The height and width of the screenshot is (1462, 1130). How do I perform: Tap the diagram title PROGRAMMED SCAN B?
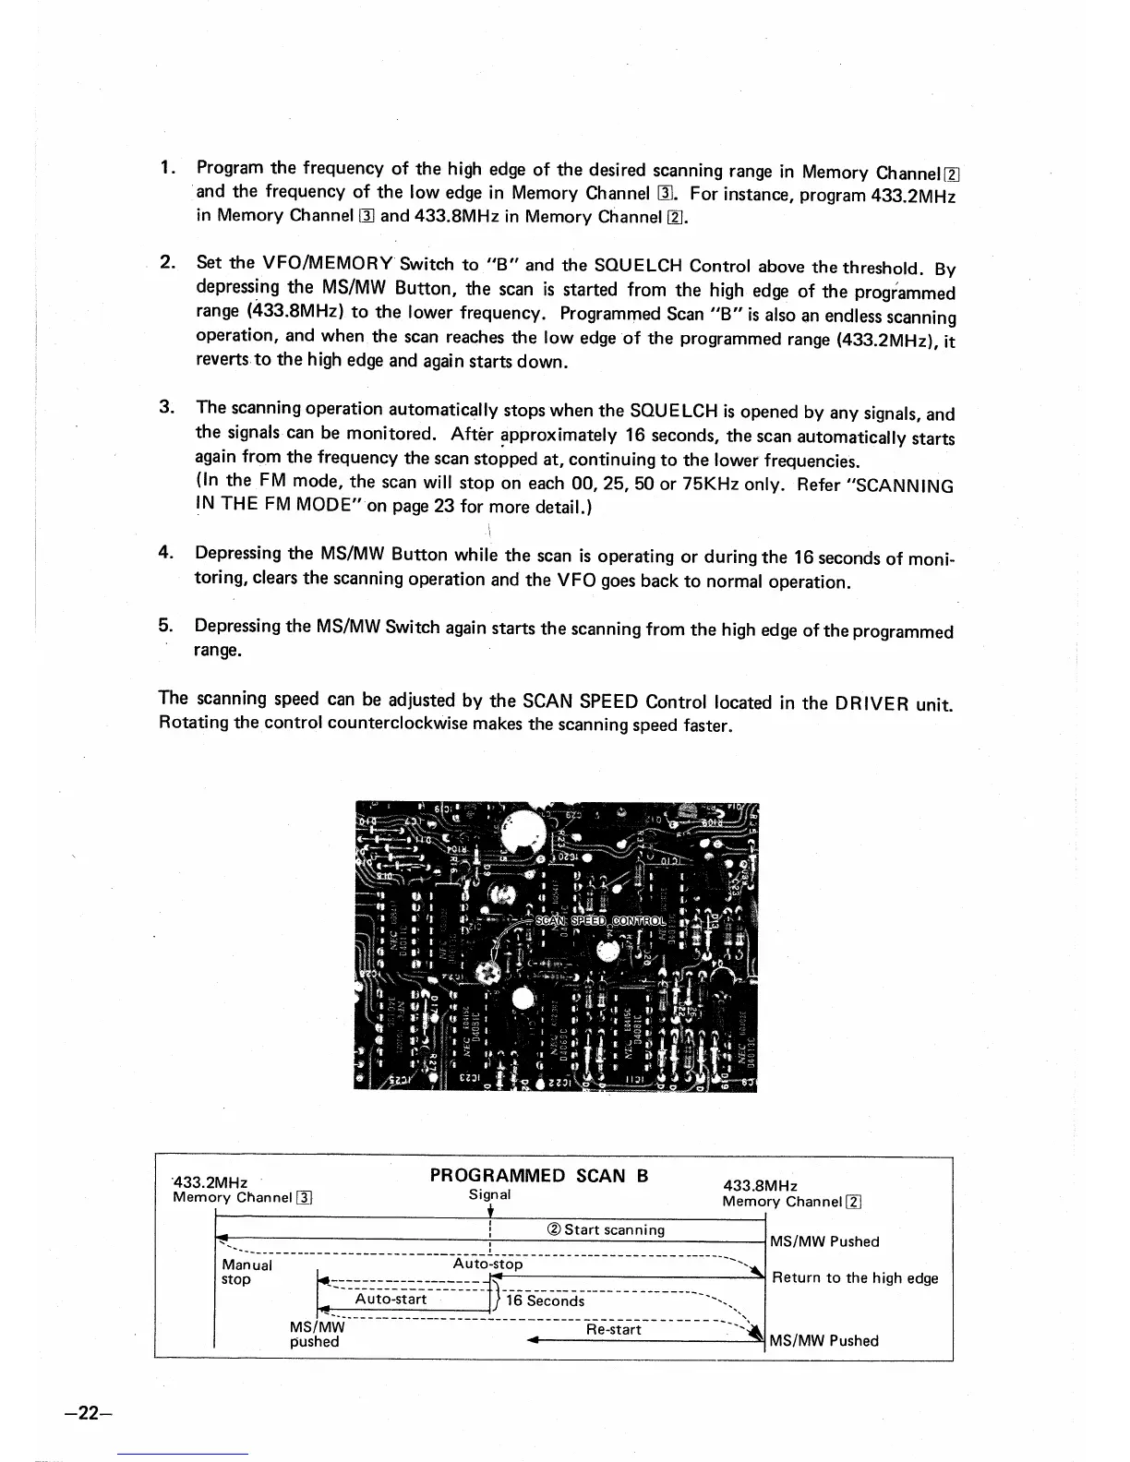click(x=539, y=1175)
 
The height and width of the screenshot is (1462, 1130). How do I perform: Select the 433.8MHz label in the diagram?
click(x=760, y=1185)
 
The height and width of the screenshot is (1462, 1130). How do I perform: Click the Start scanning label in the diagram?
click(x=606, y=1229)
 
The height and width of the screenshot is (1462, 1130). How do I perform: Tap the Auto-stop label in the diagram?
click(x=487, y=1264)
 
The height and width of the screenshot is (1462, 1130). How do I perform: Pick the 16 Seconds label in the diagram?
click(x=545, y=1300)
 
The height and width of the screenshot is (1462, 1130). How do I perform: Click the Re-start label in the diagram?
click(x=613, y=1329)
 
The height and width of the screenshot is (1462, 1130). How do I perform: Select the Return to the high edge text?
click(x=855, y=1277)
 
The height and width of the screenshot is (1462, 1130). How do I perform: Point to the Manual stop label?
click(x=246, y=1272)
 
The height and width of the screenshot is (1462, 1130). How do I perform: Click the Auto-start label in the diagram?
click(x=391, y=1300)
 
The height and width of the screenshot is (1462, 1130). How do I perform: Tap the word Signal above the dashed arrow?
click(x=489, y=1193)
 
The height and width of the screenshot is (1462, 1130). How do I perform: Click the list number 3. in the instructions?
click(x=167, y=407)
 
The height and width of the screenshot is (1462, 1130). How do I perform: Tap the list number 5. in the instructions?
click(x=167, y=626)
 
